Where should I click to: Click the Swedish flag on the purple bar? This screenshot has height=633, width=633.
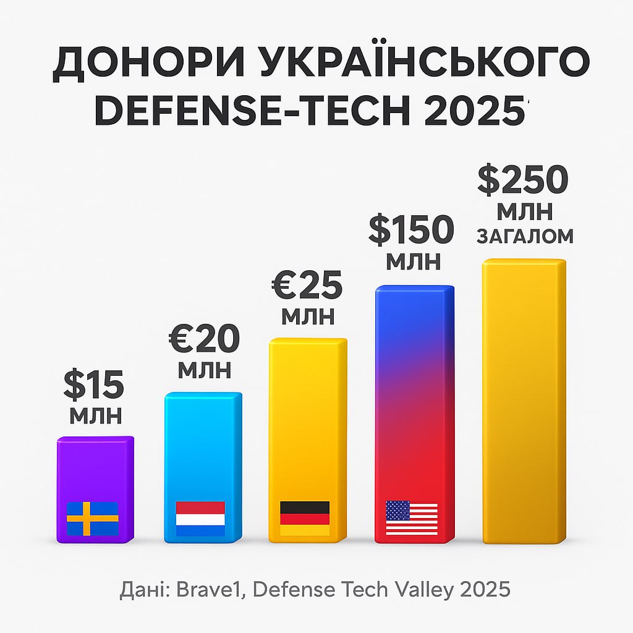pos(92,519)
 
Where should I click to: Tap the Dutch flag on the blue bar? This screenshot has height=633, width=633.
pos(200,518)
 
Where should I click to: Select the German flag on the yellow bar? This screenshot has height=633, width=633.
pos(305,518)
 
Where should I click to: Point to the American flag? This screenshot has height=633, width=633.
pos(412,518)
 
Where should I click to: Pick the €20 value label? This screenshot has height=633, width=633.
pos(205,339)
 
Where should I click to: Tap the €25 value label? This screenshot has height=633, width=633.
pos(307,286)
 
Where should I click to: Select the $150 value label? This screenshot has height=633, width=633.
pos(412,230)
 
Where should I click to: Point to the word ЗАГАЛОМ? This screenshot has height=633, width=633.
pos(525,236)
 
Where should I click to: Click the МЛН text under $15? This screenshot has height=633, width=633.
pos(95,415)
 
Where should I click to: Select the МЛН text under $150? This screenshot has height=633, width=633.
pos(414,261)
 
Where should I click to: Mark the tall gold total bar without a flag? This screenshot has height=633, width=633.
pos(524,402)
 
